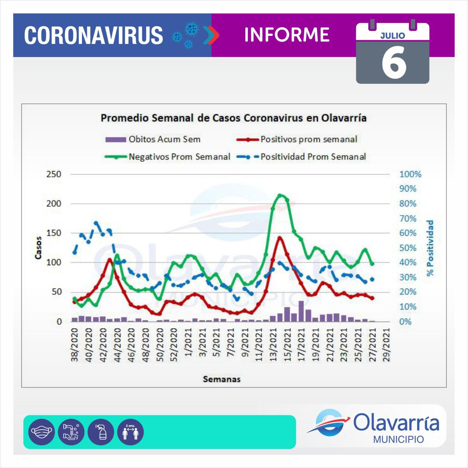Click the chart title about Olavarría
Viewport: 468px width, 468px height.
[x=234, y=118]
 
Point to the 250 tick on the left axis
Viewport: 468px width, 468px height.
[x=54, y=174]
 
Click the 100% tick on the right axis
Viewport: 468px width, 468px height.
[x=410, y=174]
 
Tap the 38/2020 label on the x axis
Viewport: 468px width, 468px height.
[x=75, y=345]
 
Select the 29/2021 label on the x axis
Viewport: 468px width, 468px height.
[x=386, y=345]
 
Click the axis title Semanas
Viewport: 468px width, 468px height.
[x=222, y=379]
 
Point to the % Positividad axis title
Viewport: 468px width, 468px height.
[x=430, y=248]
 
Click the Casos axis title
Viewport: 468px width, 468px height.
[x=38, y=248]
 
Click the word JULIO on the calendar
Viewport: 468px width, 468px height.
[x=393, y=36]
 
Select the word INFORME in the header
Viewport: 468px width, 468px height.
[x=287, y=35]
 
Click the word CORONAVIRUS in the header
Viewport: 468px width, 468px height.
[x=94, y=35]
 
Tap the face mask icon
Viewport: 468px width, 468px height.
[x=41, y=432]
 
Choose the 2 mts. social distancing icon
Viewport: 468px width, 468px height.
[x=131, y=432]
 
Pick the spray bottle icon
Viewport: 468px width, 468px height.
[x=101, y=432]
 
